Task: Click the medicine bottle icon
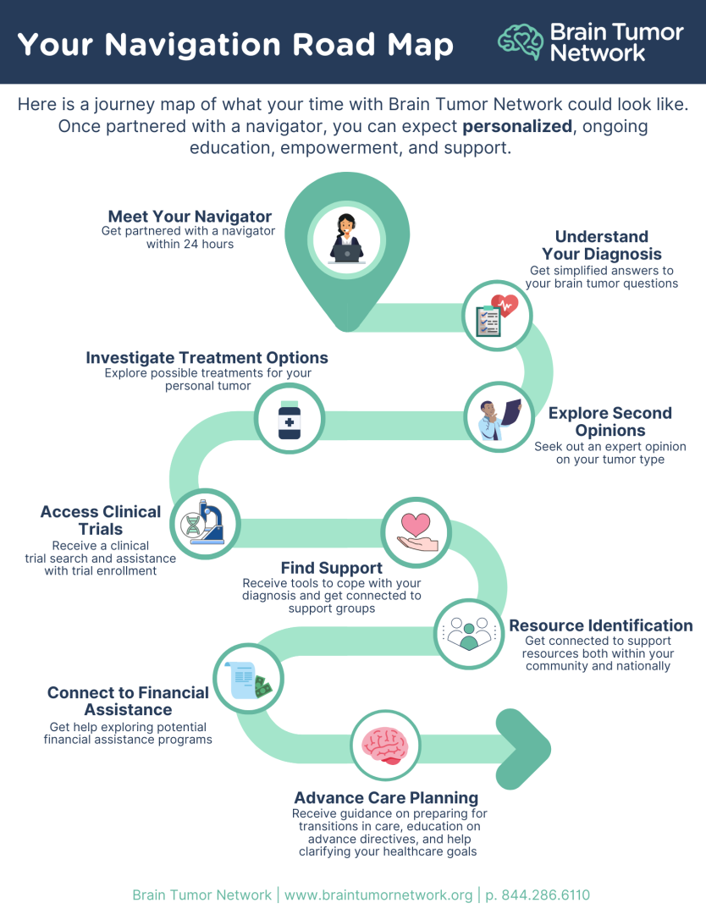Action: pos(290,418)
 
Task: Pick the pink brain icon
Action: pos(385,745)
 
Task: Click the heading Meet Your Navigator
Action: pos(190,217)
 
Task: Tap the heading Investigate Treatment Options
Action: pos(207,357)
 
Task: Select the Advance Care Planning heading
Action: pos(386,797)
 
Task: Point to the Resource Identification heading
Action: pos(600,625)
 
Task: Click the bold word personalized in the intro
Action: pos(517,126)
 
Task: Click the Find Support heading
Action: pos(332,568)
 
